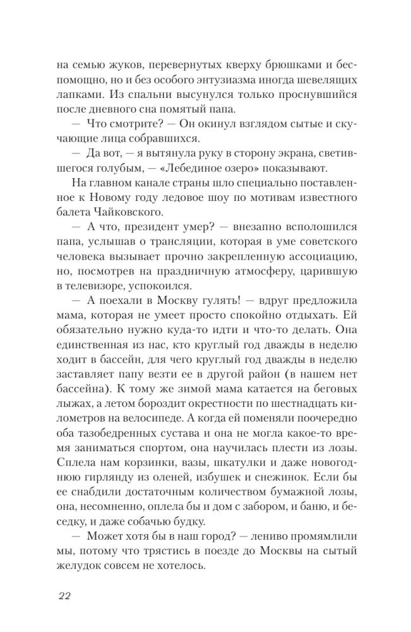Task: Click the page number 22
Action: (66, 596)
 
